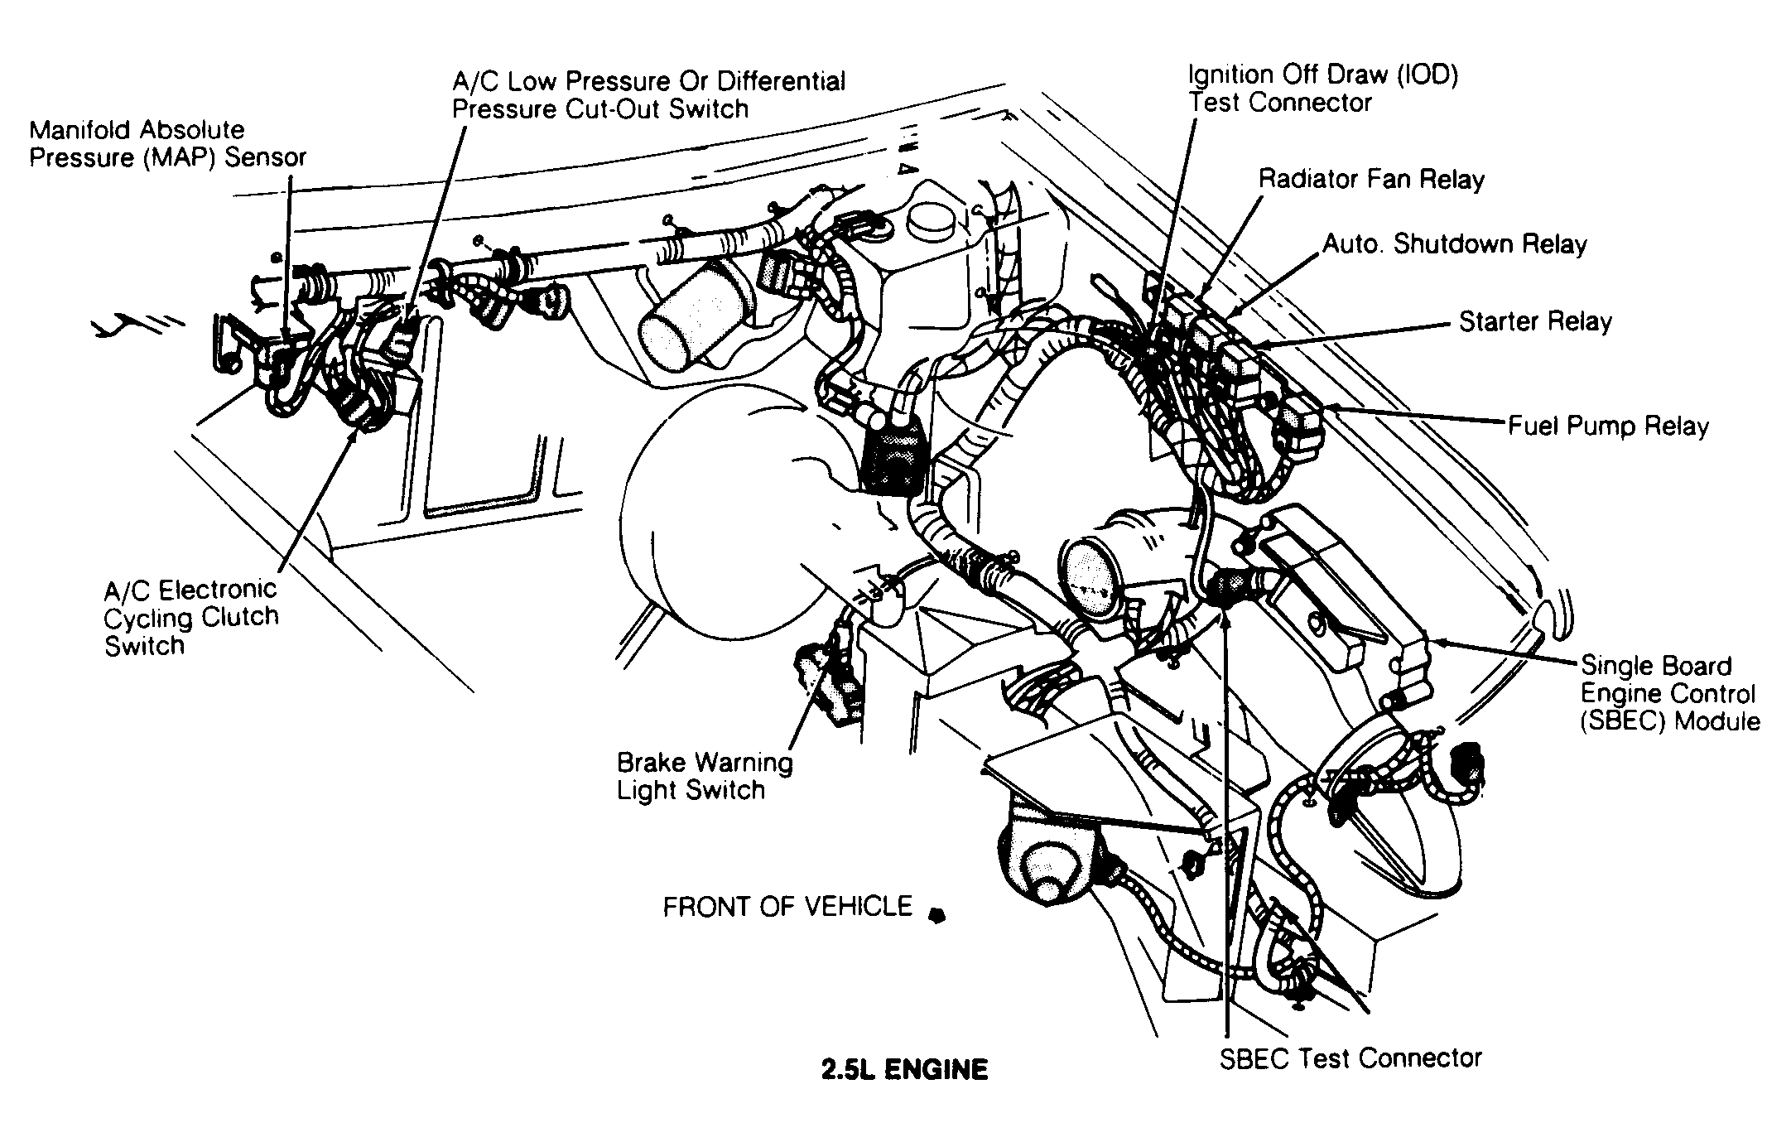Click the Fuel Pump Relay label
(x=1608, y=426)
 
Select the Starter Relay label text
(x=1535, y=321)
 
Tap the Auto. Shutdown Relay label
(x=1454, y=244)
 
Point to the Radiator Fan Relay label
(x=1371, y=179)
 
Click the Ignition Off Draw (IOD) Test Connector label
(x=1322, y=89)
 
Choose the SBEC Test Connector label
(x=1350, y=1058)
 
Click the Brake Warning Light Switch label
(x=704, y=775)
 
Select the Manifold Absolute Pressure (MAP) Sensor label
(x=167, y=143)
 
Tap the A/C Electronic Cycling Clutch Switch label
(x=190, y=617)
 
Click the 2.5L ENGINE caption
(x=904, y=1070)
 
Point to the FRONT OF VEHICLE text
(x=787, y=907)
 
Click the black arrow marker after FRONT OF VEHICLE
(x=936, y=915)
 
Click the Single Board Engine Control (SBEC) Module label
(x=1669, y=693)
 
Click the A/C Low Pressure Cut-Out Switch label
(x=648, y=95)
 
